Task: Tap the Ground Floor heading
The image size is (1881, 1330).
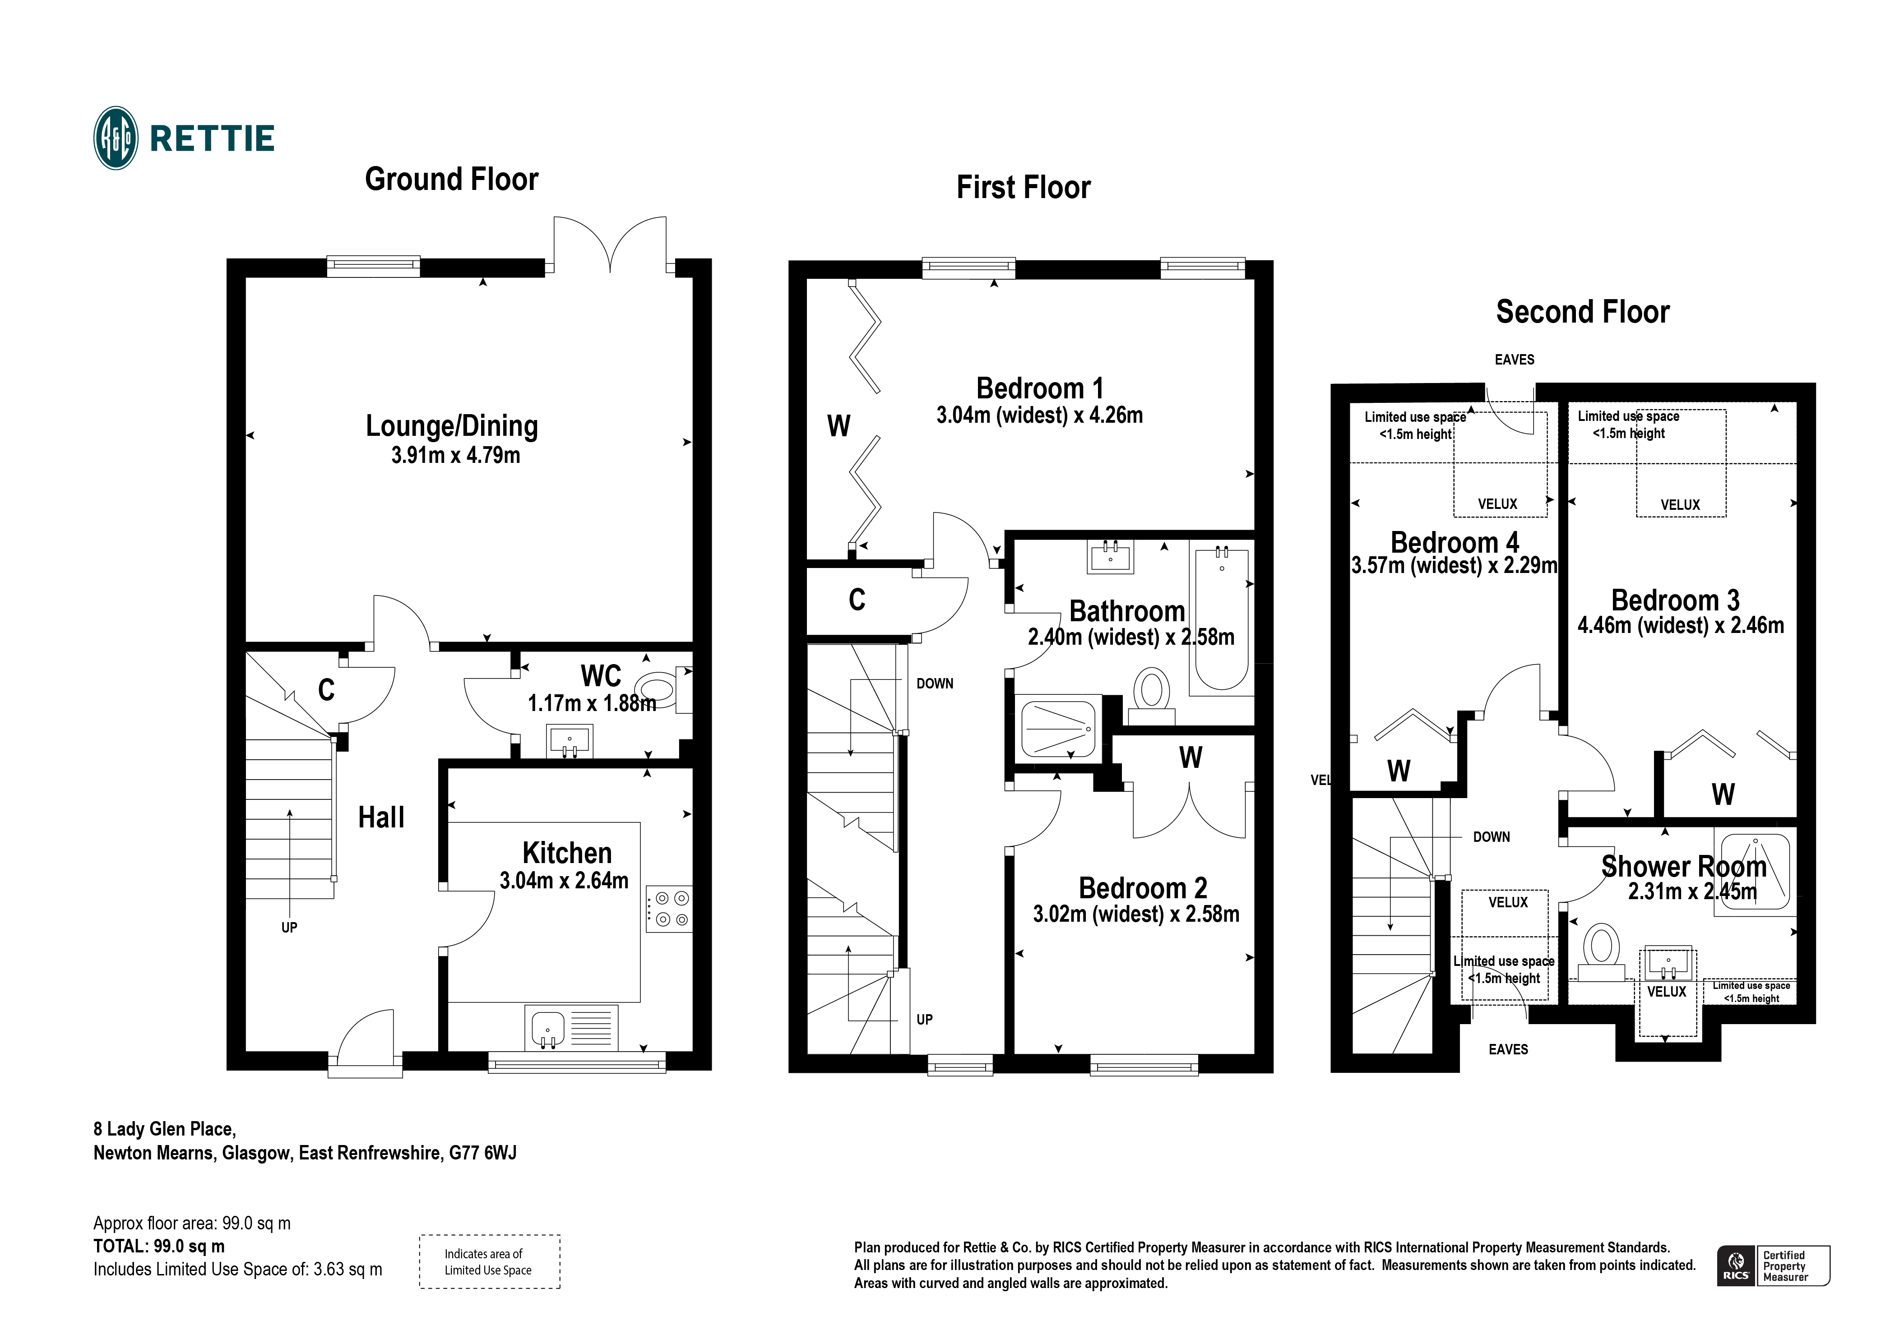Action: (x=451, y=180)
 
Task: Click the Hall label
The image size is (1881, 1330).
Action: (x=381, y=817)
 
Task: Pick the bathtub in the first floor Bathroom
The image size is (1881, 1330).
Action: (x=1222, y=620)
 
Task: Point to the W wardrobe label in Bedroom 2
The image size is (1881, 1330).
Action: (x=1191, y=757)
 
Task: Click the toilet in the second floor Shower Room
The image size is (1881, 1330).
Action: (x=1601, y=950)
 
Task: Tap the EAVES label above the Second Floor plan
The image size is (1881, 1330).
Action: (x=1514, y=360)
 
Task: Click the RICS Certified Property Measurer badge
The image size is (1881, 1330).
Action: (x=1773, y=1265)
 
